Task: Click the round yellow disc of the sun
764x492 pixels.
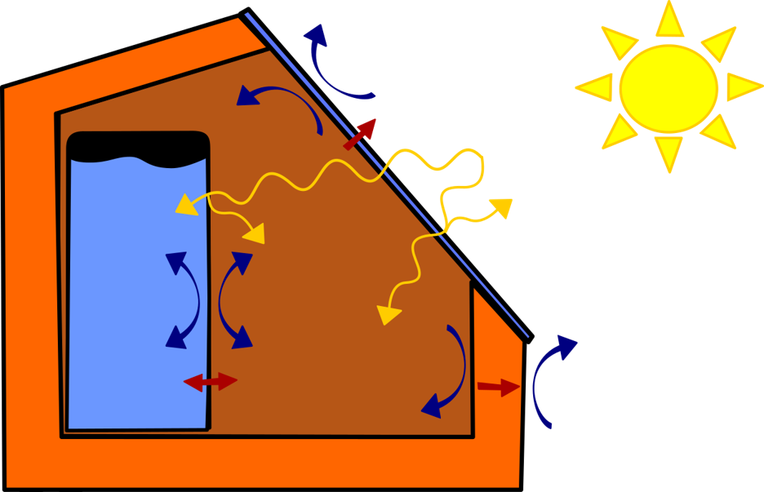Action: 668,88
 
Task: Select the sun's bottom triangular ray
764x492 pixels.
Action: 668,153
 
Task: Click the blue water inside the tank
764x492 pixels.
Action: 122,310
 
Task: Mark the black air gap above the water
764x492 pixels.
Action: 137,146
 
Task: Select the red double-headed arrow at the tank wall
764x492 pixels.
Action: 211,381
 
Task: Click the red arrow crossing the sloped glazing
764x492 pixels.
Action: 360,134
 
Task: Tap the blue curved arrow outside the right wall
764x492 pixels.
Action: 548,379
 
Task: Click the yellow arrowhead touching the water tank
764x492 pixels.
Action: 186,204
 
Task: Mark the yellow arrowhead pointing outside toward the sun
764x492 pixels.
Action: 500,207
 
